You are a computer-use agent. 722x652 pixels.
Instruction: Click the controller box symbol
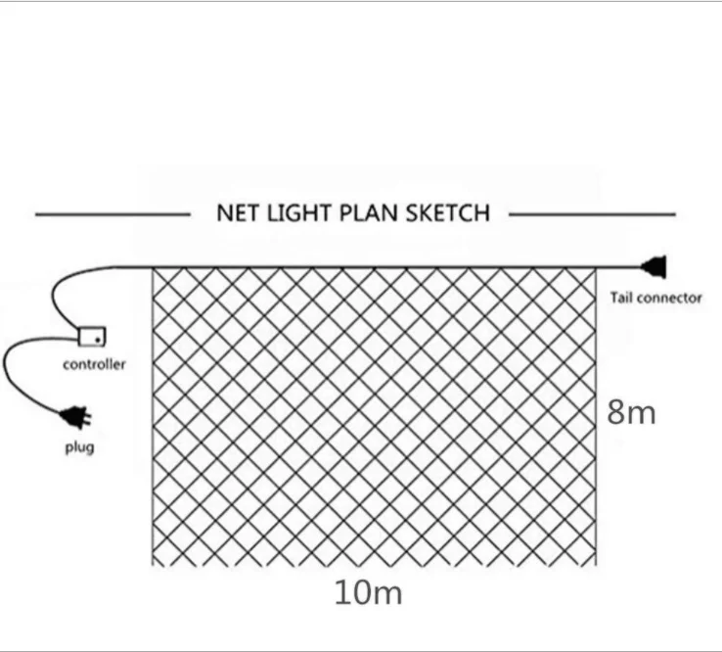point(91,336)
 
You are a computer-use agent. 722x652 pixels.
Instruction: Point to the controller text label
point(94,365)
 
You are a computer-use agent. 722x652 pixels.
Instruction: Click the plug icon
point(75,418)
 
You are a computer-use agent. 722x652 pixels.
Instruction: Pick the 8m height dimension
point(631,412)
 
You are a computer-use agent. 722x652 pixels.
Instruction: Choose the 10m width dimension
point(368,593)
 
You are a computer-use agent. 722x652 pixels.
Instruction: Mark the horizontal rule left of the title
point(113,213)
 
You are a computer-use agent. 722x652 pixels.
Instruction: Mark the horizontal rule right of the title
point(592,213)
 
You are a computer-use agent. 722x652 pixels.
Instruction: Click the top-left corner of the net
point(154,266)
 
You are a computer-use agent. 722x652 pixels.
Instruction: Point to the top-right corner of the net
point(596,266)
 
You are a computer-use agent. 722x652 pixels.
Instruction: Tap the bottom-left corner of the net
point(154,565)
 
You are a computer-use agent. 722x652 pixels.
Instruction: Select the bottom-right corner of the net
point(596,565)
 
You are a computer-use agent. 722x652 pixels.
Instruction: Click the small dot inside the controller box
point(96,341)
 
